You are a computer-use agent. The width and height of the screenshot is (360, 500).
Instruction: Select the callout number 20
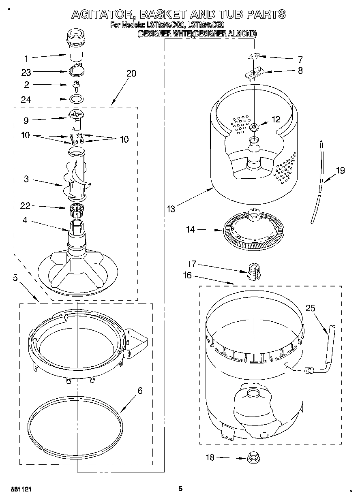tap(131, 73)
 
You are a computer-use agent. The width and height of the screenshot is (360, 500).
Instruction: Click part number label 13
tap(171, 209)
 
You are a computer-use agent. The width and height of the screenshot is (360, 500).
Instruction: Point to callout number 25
tap(310, 308)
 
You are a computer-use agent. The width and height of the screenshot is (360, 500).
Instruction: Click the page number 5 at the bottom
tap(180, 489)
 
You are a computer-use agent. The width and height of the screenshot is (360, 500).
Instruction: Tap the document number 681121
tap(16, 489)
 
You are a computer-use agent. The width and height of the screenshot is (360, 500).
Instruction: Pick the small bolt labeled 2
tap(76, 85)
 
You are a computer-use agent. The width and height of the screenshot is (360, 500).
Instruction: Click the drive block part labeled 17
tap(253, 270)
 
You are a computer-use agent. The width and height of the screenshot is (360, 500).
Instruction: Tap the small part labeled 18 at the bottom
tap(253, 458)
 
